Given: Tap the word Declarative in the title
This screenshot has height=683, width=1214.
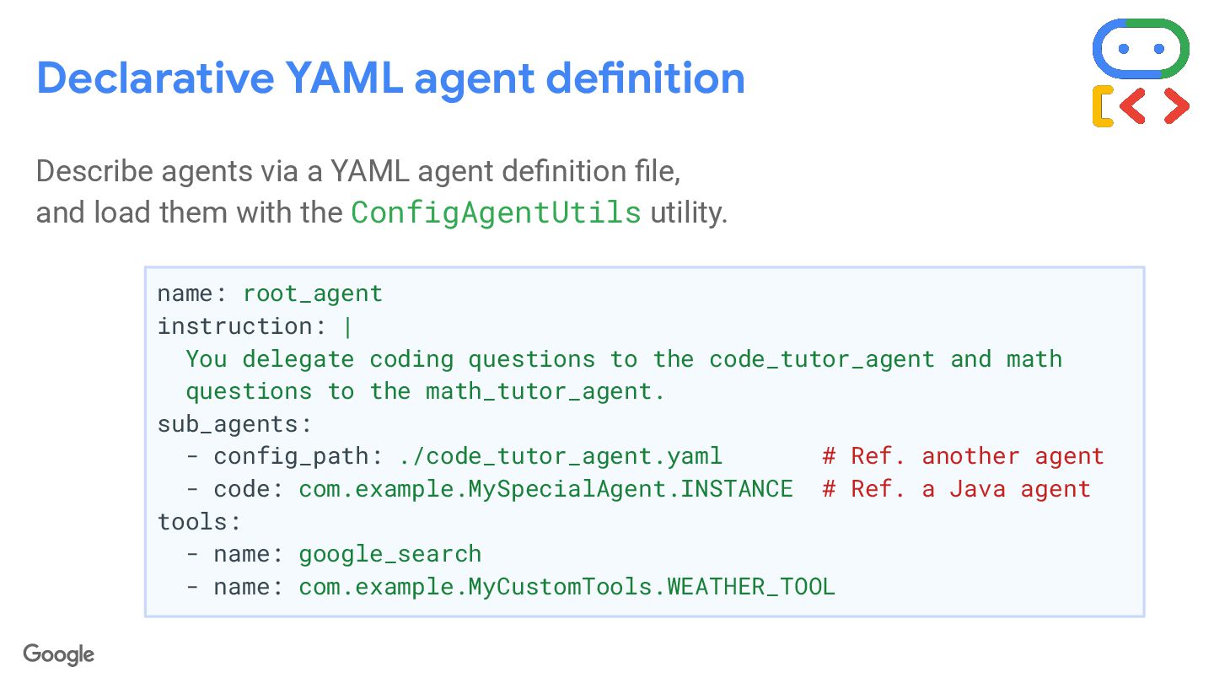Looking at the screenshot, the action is pyautogui.click(x=155, y=78).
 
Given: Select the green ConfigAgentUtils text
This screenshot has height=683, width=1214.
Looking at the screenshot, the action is pyautogui.click(x=496, y=212).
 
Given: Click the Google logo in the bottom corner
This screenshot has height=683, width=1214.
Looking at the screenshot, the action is pyautogui.click(x=59, y=654).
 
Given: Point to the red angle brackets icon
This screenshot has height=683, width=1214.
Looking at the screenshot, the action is pyautogui.click(x=1154, y=105).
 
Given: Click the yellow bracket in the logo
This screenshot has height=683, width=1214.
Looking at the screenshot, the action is pyautogui.click(x=1102, y=107).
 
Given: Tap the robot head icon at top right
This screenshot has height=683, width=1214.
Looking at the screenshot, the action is pyautogui.click(x=1140, y=48).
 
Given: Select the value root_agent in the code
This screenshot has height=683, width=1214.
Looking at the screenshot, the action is pyautogui.click(x=313, y=293).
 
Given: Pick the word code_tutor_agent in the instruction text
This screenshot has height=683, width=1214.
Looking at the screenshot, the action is pyautogui.click(x=822, y=359).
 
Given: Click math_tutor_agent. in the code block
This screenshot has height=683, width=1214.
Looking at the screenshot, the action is pyautogui.click(x=545, y=391).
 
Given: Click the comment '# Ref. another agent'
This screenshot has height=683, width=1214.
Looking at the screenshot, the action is pyautogui.click(x=963, y=456).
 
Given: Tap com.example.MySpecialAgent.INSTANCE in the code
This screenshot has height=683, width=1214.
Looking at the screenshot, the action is pyautogui.click(x=545, y=489).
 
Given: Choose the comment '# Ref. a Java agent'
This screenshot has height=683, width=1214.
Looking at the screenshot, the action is pyautogui.click(x=956, y=489).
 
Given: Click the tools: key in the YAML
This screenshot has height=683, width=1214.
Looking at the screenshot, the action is pyautogui.click(x=199, y=521).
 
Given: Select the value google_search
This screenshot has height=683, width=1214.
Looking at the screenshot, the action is pyautogui.click(x=389, y=554).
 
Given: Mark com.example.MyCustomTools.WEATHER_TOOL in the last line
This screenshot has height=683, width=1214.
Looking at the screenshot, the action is pyautogui.click(x=567, y=586).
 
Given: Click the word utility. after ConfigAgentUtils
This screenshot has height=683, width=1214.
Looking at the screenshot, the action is pyautogui.click(x=688, y=212).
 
